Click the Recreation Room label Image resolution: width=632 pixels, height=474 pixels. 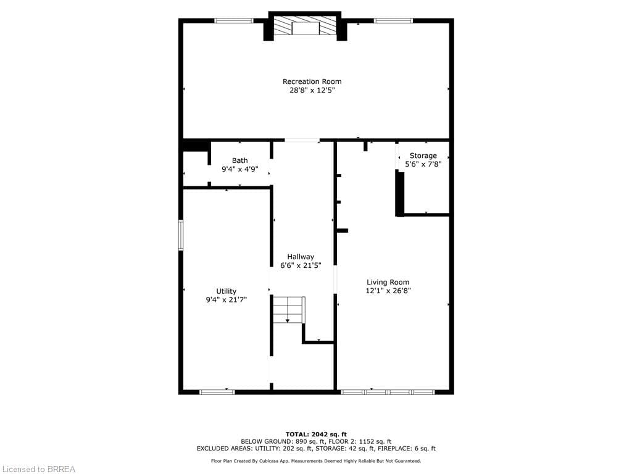312,81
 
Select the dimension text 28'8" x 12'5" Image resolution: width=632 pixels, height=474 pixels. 312,90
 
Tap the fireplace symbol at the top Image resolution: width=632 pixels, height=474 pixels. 305,27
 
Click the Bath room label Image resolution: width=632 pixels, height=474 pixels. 239,160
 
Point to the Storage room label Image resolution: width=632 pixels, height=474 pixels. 423,156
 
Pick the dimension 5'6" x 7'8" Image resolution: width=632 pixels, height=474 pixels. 423,164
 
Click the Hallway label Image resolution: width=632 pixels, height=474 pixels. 300,257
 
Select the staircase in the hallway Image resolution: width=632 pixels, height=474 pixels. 289,310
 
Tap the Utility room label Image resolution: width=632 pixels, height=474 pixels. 226,291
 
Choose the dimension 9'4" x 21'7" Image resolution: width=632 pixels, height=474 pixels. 226,300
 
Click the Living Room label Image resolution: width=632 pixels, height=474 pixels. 388,282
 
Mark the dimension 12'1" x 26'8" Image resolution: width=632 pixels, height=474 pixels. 388,291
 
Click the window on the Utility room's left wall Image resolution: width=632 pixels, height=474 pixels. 181,235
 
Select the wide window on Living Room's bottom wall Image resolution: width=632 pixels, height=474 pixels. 388,391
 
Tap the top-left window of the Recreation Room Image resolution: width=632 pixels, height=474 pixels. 233,20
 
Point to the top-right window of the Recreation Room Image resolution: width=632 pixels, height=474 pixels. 393,20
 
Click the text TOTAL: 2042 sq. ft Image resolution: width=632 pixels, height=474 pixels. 315,434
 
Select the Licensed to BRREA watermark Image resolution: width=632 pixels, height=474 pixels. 38,469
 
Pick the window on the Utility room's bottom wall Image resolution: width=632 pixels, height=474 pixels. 217,391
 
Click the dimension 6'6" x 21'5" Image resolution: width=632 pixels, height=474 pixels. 300,265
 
